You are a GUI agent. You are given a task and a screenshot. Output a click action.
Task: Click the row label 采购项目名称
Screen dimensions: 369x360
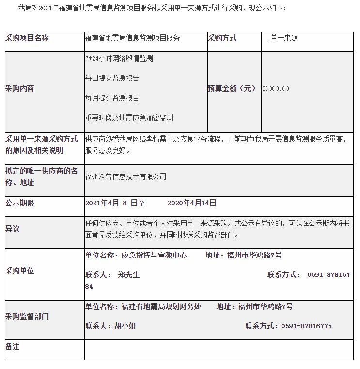[27, 38]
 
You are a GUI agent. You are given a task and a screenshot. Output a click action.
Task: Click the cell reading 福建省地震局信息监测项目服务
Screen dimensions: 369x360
[132, 38]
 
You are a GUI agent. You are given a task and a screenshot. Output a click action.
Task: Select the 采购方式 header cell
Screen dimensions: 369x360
[222, 38]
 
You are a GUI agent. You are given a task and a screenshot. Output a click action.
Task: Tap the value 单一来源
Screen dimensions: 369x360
[284, 38]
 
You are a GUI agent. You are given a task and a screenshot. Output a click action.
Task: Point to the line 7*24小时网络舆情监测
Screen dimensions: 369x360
[119, 58]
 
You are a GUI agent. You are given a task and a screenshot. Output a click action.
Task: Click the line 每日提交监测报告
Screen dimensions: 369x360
[112, 78]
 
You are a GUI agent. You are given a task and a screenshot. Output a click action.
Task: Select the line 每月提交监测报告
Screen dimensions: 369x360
[112, 98]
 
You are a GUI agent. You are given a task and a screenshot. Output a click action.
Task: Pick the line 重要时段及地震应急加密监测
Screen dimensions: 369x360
[129, 118]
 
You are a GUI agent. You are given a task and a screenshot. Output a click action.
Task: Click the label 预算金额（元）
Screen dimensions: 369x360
[232, 88]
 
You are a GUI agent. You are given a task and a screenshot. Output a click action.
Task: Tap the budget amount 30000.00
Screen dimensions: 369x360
[276, 89]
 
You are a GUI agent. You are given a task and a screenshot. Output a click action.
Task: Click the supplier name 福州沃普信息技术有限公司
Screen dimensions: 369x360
[125, 176]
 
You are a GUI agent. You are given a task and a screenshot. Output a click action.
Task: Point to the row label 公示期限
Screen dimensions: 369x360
[20, 203]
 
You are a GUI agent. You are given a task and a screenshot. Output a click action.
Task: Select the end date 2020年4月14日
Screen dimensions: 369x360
[192, 203]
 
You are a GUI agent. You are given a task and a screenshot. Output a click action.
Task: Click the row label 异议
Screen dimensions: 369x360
[13, 229]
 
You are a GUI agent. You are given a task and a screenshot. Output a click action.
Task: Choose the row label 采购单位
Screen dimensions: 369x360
[20, 271]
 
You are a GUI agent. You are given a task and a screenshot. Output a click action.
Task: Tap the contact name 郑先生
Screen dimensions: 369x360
[129, 274]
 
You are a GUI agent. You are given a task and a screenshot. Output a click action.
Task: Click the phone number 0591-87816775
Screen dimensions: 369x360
[306, 326]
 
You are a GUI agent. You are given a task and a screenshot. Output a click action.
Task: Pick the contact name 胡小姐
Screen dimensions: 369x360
[125, 326]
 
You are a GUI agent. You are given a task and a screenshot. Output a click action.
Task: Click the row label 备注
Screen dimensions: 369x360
[13, 346]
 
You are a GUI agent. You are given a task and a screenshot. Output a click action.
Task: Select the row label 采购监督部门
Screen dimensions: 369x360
[27, 316]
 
